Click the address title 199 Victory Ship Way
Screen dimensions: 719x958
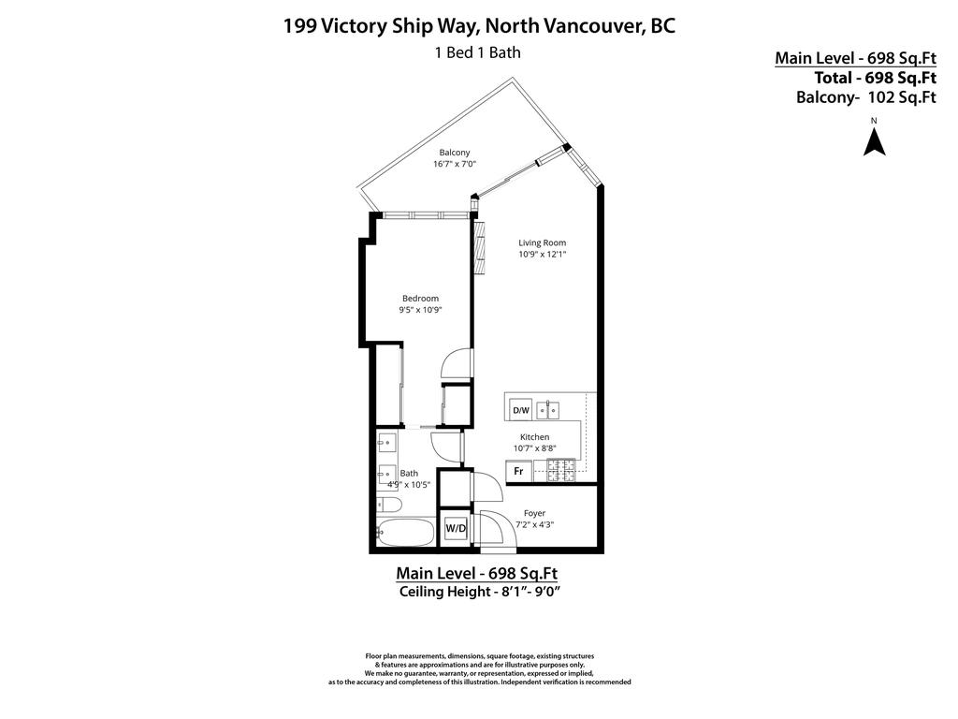click(x=478, y=25)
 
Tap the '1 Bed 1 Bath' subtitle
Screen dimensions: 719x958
click(x=477, y=52)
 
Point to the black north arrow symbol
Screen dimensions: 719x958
click(x=874, y=141)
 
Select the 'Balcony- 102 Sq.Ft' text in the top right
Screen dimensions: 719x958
click(x=865, y=96)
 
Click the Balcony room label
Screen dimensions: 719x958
click(x=455, y=153)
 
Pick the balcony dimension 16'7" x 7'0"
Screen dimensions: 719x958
click(x=455, y=165)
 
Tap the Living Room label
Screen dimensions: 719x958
click(x=543, y=242)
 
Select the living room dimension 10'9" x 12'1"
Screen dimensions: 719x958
click(x=543, y=255)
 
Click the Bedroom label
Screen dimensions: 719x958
click(x=420, y=299)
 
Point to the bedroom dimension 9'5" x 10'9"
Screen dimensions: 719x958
click(x=420, y=311)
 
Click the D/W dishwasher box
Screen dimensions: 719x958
click(x=520, y=410)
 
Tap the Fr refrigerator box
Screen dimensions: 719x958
click(x=518, y=472)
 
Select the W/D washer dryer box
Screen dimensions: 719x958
click(x=456, y=529)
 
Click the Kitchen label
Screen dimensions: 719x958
click(x=535, y=437)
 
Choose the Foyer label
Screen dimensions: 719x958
click(x=534, y=513)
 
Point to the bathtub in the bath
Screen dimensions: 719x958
click(x=406, y=534)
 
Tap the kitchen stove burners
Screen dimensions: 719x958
click(x=560, y=471)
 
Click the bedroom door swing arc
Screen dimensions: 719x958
click(x=457, y=364)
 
